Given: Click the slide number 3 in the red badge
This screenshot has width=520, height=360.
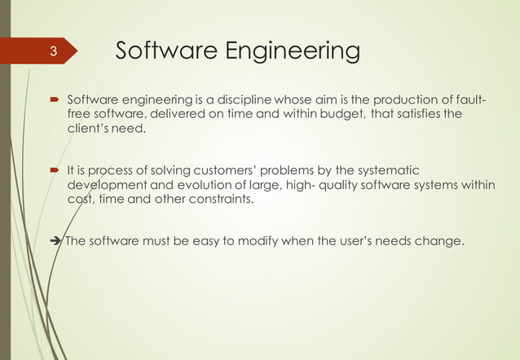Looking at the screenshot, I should click(x=52, y=53).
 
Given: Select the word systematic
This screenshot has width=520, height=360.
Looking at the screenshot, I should click(x=386, y=170).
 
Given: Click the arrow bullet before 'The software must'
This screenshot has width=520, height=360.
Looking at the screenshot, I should click(x=55, y=240).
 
